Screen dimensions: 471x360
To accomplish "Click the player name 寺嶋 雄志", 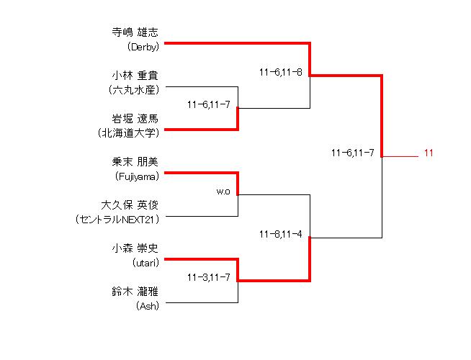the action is [x=135, y=32].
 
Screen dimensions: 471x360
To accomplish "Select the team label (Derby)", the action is [x=143, y=47].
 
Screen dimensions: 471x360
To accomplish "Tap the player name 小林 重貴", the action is [x=135, y=76].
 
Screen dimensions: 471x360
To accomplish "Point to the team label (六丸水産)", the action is [x=134, y=90].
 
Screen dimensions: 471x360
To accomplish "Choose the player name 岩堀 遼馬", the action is [x=135, y=119].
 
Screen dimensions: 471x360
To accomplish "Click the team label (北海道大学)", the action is [x=128, y=132].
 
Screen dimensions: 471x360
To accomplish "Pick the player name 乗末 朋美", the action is [x=135, y=162].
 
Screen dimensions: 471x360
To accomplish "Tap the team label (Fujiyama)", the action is [x=137, y=176].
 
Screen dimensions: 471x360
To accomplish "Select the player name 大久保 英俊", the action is [x=130, y=205].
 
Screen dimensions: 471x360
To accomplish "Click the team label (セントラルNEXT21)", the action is [x=117, y=220].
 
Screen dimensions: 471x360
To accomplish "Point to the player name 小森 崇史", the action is [x=135, y=248].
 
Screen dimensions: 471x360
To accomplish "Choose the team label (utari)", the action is [x=145, y=263].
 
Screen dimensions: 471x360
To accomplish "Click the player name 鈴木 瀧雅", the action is [x=135, y=292].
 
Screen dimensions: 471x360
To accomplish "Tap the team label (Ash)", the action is [x=147, y=306].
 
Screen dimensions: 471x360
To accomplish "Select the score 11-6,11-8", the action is [x=281, y=73].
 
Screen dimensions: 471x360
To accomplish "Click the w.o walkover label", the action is [x=223, y=192].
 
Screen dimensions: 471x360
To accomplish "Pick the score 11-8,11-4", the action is [x=281, y=234].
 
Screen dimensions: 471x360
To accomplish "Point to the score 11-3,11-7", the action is [x=209, y=277].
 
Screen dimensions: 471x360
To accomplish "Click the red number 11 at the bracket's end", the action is [x=429, y=153].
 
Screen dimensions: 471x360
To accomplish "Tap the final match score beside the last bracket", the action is [x=353, y=153].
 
